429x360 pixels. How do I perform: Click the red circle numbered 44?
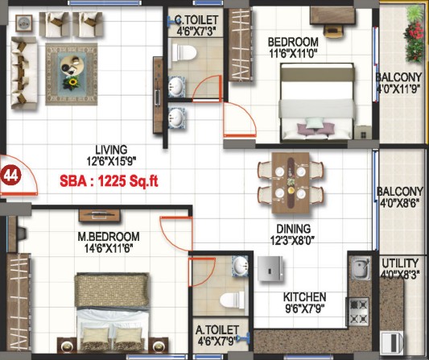pyautogui.click(x=10, y=176)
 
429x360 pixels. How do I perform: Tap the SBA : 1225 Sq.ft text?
pyautogui.click(x=109, y=181)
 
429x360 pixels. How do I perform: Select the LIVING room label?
pyautogui.click(x=111, y=150)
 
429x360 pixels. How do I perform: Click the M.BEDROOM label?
pyautogui.click(x=109, y=236)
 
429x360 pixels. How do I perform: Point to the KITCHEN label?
pyautogui.click(x=304, y=297)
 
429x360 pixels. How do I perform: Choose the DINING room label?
pyautogui.click(x=293, y=229)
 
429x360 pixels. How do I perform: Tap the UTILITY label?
pyautogui.click(x=400, y=263)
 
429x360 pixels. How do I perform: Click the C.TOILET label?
pyautogui.click(x=196, y=19)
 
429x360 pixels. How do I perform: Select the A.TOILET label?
pyautogui.click(x=217, y=329)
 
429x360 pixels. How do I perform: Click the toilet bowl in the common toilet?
pyautogui.click(x=184, y=52)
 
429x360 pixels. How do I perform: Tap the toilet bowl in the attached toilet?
pyautogui.click(x=232, y=300)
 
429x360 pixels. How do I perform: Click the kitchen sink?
pyautogui.click(x=361, y=268)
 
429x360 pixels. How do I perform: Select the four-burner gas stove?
pyautogui.click(x=358, y=312)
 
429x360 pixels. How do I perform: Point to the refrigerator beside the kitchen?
pyautogui.click(x=270, y=268)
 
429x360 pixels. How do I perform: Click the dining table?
pyautogui.click(x=291, y=183)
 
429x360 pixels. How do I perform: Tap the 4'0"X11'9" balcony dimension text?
pyautogui.click(x=399, y=89)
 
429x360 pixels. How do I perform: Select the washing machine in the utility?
pyautogui.click(x=392, y=343)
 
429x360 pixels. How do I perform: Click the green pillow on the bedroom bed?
pyautogui.click(x=314, y=123)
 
